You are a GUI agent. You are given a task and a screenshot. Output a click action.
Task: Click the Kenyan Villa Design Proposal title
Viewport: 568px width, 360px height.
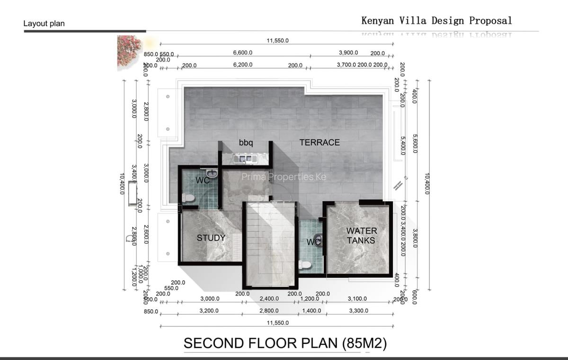pos(436,20)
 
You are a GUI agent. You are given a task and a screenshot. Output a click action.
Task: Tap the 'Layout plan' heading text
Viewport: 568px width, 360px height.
pos(44,23)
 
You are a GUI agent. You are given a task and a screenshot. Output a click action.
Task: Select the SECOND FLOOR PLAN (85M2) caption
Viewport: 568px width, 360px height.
pos(285,343)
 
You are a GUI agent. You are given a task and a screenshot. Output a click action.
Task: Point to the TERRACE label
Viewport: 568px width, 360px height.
pos(319,142)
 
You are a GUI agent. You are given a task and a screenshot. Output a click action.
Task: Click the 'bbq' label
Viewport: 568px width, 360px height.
pos(246,142)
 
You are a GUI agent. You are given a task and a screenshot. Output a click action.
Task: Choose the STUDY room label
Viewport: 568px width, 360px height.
pos(211,238)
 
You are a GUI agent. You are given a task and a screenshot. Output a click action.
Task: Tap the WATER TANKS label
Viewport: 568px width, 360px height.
pos(362,235)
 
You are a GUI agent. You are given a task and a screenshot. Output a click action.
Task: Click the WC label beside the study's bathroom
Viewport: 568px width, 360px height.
pos(203,180)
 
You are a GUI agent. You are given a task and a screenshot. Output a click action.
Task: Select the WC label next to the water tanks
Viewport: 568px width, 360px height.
pos(313,243)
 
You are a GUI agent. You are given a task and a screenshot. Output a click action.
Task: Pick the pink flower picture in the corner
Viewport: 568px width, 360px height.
pos(129,50)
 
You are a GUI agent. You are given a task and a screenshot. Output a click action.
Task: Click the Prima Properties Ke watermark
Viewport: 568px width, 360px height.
pos(284,177)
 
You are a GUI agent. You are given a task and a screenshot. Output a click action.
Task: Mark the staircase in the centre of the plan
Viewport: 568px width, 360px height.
pos(270,244)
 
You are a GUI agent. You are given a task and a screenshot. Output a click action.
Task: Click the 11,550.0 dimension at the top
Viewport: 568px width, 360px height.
pos(277,41)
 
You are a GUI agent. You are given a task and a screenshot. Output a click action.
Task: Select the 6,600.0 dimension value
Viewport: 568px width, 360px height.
pos(243,53)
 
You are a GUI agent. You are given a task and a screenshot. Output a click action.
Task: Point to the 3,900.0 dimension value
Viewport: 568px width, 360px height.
pos(348,53)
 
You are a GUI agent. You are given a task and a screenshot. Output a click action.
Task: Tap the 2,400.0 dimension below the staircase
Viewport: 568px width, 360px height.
pos(269,299)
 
